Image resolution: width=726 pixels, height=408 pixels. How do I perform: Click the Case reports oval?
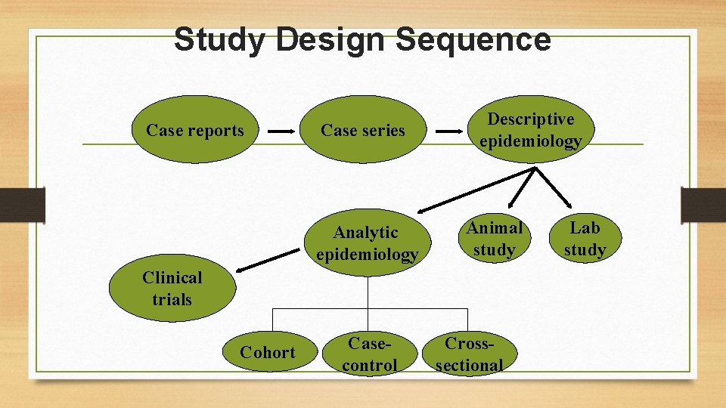pyautogui.click(x=195, y=130)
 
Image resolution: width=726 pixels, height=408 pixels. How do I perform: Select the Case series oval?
pyautogui.click(x=363, y=130)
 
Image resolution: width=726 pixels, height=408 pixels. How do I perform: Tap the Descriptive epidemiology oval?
pyautogui.click(x=530, y=130)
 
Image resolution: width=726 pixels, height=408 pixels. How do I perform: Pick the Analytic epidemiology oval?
pyautogui.click(x=367, y=243)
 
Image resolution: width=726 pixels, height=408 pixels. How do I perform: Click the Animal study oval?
pyautogui.click(x=495, y=239)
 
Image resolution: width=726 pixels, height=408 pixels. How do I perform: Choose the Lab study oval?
pyautogui.click(x=585, y=239)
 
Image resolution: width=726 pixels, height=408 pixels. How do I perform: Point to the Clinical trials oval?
pyautogui.click(x=172, y=289)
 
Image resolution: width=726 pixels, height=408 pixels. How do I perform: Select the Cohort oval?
pyautogui.click(x=267, y=352)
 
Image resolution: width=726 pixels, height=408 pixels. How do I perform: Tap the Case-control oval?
pyautogui.click(x=369, y=354)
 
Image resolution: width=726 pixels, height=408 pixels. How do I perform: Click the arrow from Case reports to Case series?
pyautogui.click(x=284, y=131)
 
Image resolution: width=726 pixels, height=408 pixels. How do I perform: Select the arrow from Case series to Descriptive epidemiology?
pyautogui.click(x=451, y=131)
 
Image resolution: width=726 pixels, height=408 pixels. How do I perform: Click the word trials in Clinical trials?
pyautogui.click(x=172, y=299)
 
